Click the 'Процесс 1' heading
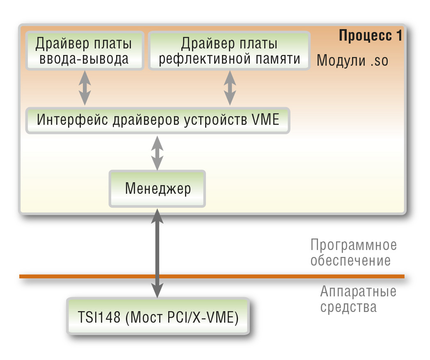(x=371, y=36)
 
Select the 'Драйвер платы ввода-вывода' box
(x=85, y=51)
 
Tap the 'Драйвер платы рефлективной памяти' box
(x=229, y=51)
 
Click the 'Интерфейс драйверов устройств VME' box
(x=158, y=120)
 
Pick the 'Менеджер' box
(x=158, y=189)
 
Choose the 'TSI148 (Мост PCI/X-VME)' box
(x=158, y=316)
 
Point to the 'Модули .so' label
(x=352, y=60)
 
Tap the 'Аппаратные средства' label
(x=358, y=299)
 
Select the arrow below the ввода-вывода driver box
(x=85, y=88)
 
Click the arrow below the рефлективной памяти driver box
(x=230, y=88)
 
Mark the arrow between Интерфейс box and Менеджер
(x=158, y=153)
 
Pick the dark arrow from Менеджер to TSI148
(x=158, y=253)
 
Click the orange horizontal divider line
(x=212, y=276)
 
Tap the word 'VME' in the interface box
(x=265, y=119)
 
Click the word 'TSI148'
(x=99, y=317)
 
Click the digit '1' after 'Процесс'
(x=399, y=36)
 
